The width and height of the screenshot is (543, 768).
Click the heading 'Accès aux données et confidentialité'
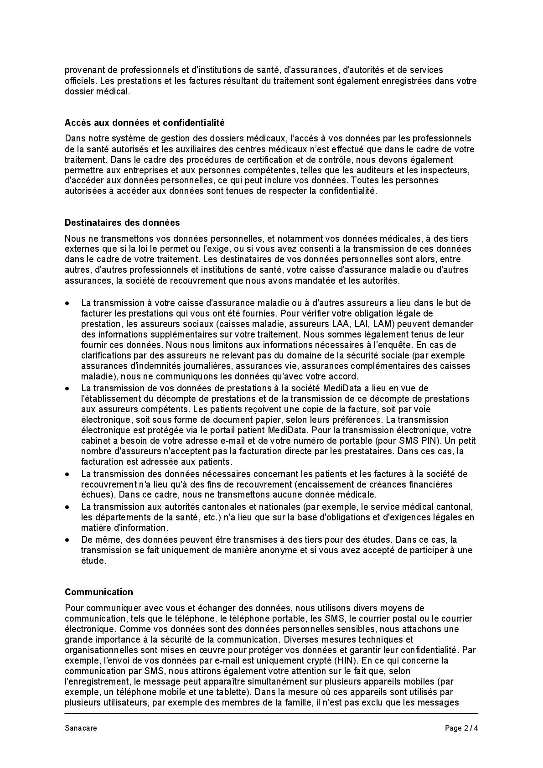point(145,123)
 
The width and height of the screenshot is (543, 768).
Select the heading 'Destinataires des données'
point(122,223)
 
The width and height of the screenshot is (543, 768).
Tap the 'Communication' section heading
point(99,592)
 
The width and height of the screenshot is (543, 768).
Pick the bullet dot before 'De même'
point(67,540)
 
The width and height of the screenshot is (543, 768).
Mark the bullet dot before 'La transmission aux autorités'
point(67,507)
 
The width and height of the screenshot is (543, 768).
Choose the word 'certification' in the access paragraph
point(270,159)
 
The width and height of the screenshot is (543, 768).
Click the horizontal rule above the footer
point(271,713)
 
